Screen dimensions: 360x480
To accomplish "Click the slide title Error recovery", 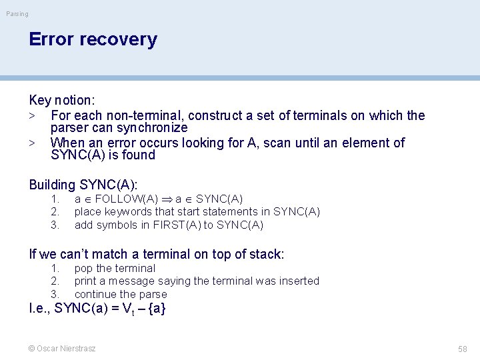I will click(x=93, y=39).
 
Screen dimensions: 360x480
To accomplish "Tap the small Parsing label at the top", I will click(x=17, y=14).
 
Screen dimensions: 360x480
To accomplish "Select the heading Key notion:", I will click(x=62, y=101).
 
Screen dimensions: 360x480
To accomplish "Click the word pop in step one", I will click(x=83, y=269).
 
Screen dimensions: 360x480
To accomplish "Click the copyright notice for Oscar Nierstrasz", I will click(x=62, y=349).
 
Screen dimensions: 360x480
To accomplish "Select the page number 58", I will click(x=462, y=349).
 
